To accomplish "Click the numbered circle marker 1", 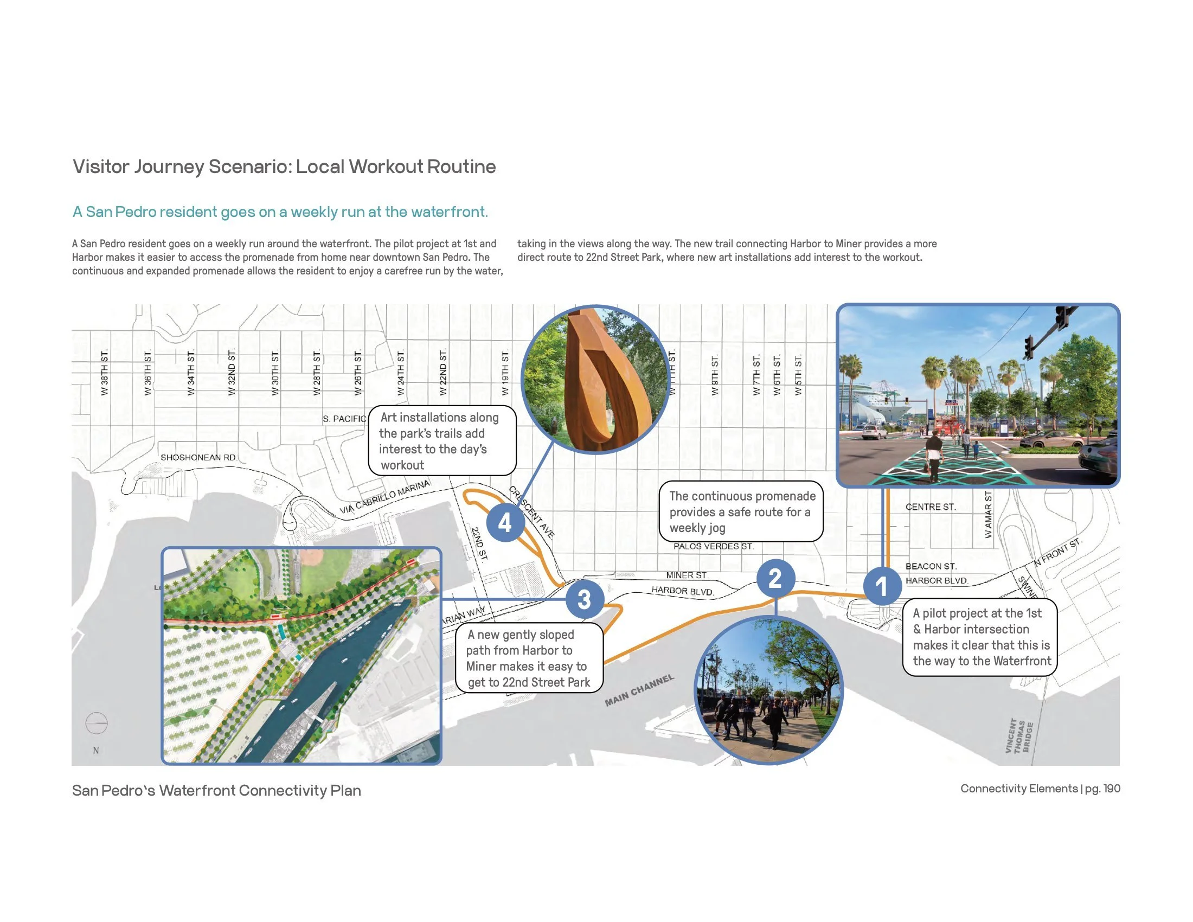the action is [882, 587].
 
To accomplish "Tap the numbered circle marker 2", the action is [774, 578].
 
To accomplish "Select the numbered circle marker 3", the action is [584, 599].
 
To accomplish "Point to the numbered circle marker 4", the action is [505, 523].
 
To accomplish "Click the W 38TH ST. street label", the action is [104, 373].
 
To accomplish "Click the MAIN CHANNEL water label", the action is [639, 690].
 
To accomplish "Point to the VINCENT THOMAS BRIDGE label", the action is [1019, 736].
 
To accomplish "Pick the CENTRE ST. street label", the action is [930, 507].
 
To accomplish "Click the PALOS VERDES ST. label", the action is [714, 546].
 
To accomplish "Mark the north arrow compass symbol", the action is [97, 723].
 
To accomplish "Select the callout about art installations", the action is [442, 441].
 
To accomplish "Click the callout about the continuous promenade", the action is [741, 512].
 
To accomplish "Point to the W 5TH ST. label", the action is [798, 375].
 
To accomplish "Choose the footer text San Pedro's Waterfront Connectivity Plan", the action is [216, 790].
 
